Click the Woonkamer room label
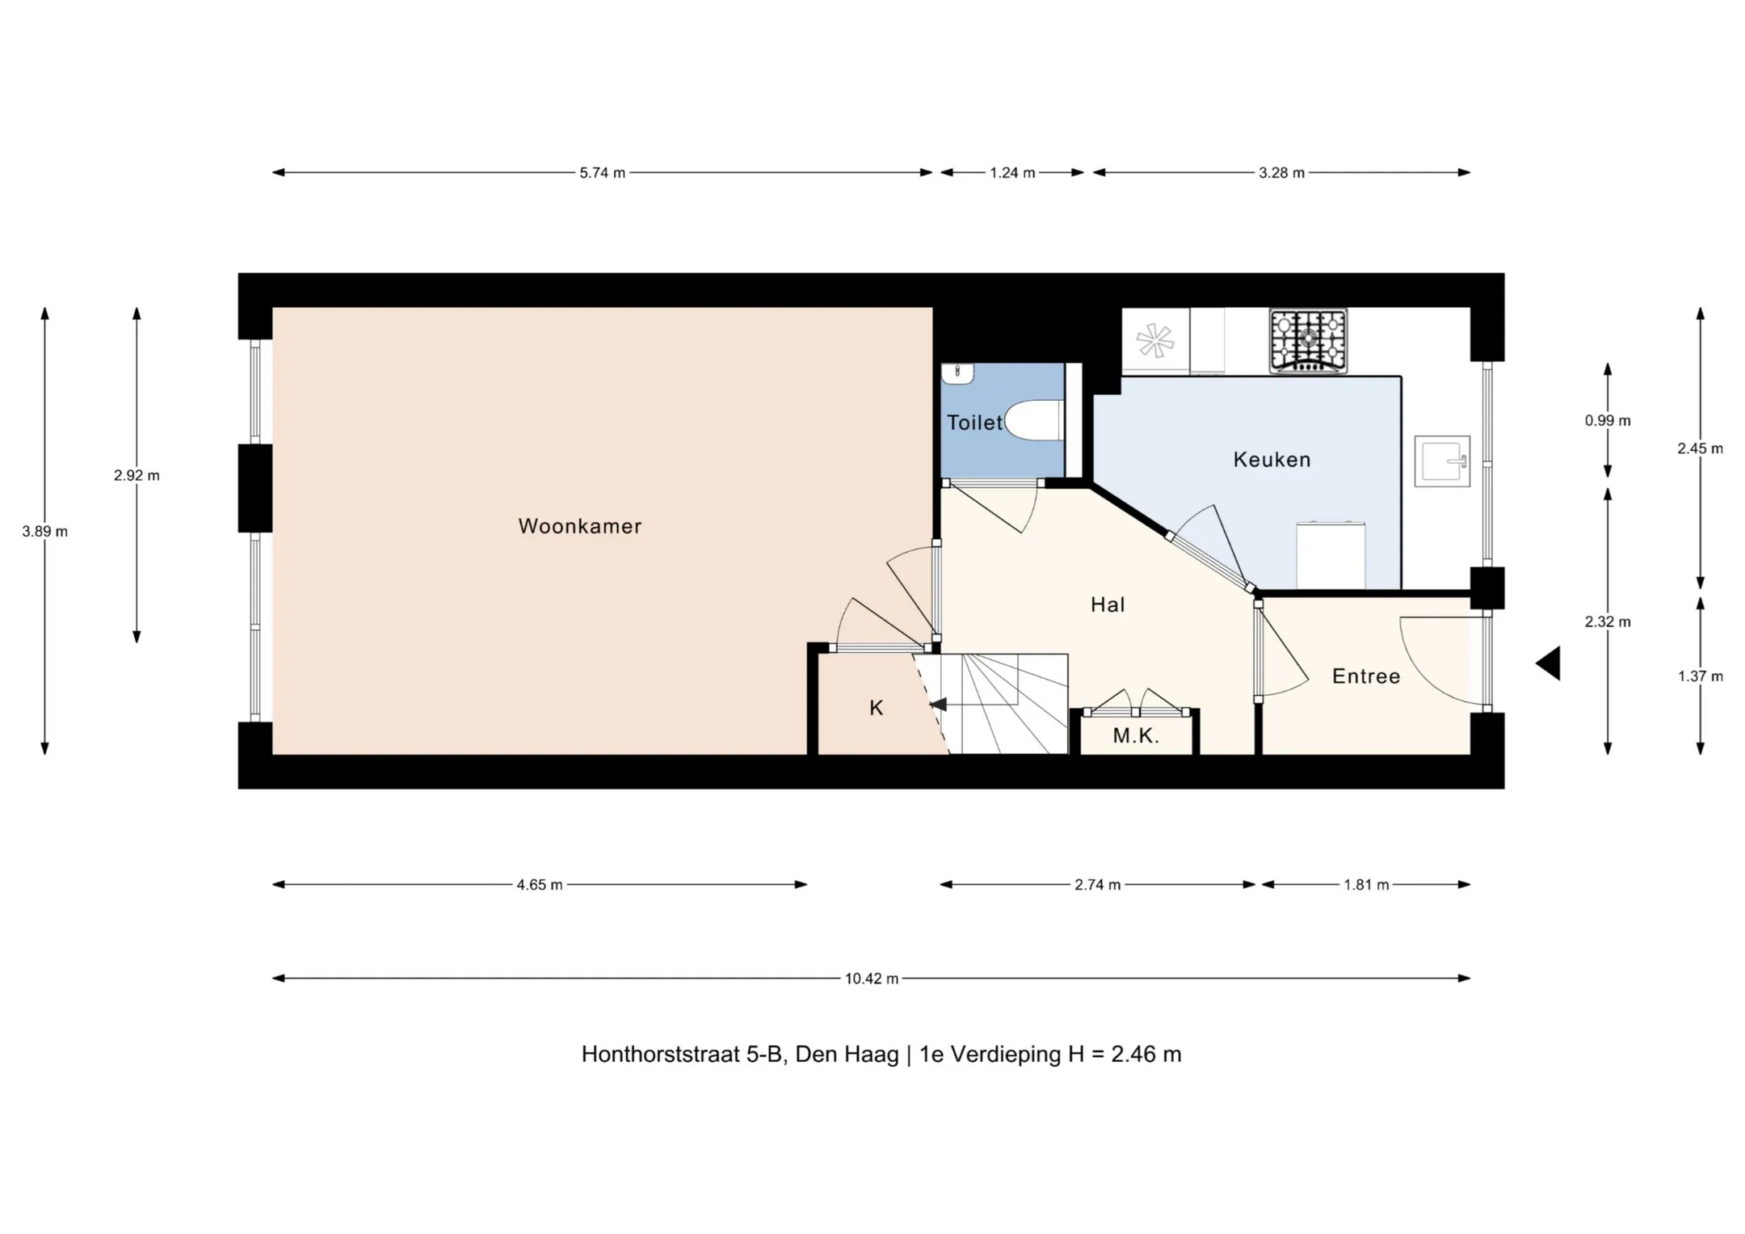[580, 526]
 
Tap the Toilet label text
[974, 423]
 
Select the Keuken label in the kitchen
[1272, 460]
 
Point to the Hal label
[1108, 604]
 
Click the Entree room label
[1366, 676]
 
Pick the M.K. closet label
[1136, 736]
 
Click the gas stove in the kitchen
[1308, 341]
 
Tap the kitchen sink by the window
[1442, 461]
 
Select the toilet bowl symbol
[1032, 420]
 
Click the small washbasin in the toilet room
[958, 373]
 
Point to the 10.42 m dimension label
[872, 979]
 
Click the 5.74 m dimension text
[603, 173]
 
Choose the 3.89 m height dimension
[45, 532]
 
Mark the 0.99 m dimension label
[1608, 421]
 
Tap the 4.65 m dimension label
[540, 885]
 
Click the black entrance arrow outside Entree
[1548, 663]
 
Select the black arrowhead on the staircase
[938, 705]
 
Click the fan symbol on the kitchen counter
[1155, 340]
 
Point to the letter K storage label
[877, 708]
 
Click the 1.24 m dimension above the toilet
[1012, 173]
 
